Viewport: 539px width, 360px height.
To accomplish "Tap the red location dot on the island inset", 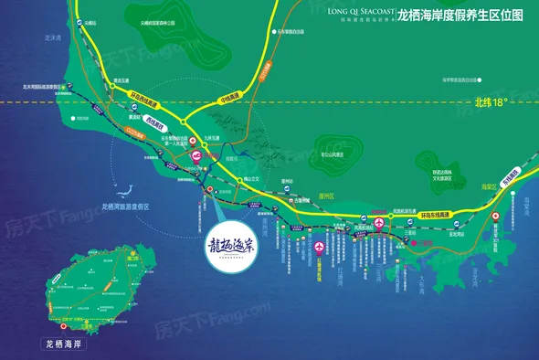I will pyautogui.click(x=65, y=326).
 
